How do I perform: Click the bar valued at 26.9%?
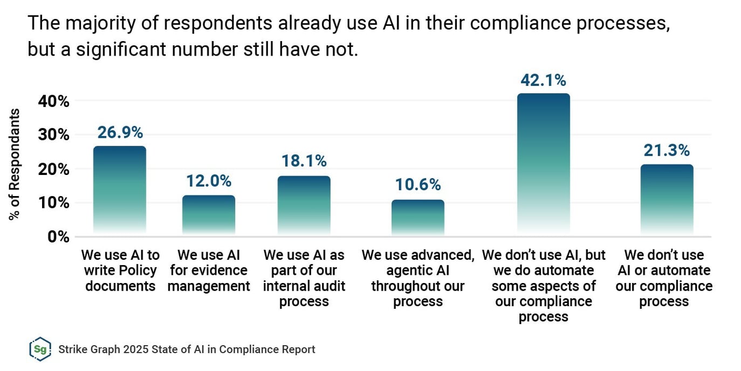(x=119, y=190)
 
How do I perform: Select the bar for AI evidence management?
(x=208, y=215)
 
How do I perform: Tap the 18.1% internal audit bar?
(x=304, y=205)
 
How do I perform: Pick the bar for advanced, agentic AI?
(x=418, y=217)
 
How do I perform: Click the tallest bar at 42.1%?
(x=543, y=164)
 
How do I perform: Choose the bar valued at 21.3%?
(x=667, y=199)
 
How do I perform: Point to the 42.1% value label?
(x=543, y=80)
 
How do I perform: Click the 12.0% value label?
(x=209, y=181)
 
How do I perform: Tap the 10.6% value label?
(x=418, y=185)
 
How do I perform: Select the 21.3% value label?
(x=667, y=150)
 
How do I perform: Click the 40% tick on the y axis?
(x=53, y=101)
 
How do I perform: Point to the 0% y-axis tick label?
(x=57, y=237)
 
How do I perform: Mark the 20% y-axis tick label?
(x=53, y=169)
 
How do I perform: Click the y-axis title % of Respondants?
(x=15, y=164)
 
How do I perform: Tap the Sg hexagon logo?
(x=40, y=349)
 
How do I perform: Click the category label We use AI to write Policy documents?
(x=120, y=270)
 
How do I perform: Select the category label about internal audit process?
(x=304, y=278)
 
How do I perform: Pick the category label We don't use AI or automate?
(x=664, y=278)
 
